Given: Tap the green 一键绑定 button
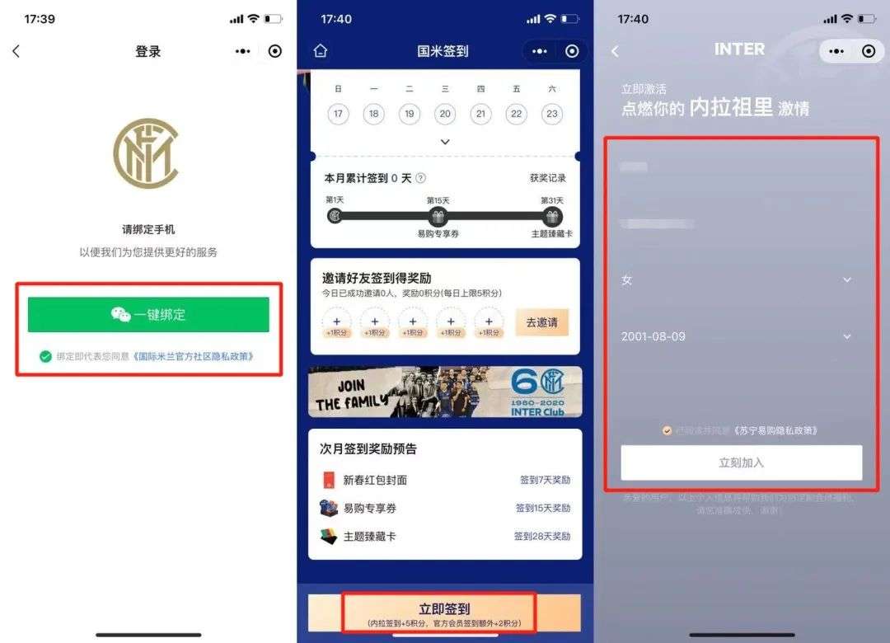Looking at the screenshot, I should coord(148,314).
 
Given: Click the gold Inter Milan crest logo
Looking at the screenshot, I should coord(146,153).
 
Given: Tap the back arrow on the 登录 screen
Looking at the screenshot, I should coord(16,51).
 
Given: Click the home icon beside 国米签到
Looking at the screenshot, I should coord(321,51).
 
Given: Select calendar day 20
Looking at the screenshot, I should coord(445,114).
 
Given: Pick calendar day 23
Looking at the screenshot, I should coord(552,114).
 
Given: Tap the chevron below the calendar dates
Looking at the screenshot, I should coord(445,142).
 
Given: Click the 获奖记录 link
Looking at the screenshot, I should coord(548,178).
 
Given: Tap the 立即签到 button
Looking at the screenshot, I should coord(444,613).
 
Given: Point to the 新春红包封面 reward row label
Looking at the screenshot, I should coord(375,480).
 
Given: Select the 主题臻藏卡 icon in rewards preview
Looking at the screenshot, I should coord(329,536).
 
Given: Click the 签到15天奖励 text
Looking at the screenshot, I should coord(543,508).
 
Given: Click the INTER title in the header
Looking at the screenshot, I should coord(739,49).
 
